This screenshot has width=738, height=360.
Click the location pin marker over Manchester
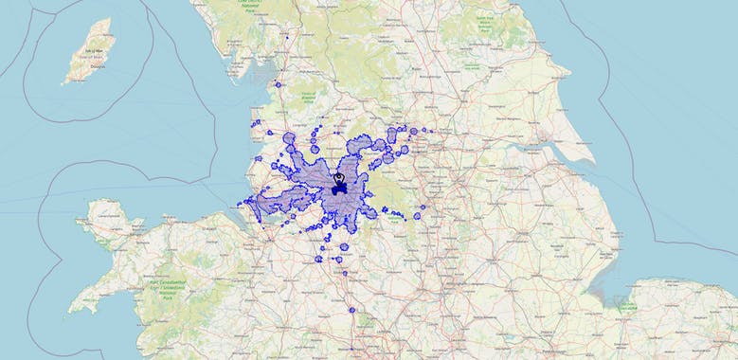pos(338,177)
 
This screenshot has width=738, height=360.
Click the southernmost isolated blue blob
pos(351,310)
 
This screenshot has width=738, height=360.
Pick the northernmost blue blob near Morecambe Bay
pos(279,85)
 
